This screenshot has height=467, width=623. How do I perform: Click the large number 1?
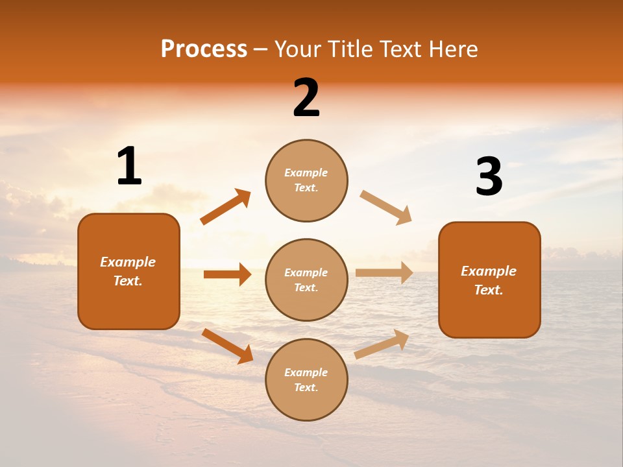pos(129,167)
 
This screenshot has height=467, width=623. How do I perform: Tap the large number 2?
pos(306,98)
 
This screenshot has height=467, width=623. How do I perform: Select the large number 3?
pos(489,177)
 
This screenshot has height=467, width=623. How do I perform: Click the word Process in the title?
pos(204,49)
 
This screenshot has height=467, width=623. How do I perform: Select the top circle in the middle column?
pos(306,180)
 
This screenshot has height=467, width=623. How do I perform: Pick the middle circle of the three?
pos(306,280)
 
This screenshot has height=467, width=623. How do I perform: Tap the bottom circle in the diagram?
pos(306,379)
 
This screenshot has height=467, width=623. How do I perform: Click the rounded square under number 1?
pos(128,271)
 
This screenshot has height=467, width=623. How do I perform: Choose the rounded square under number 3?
pos(489,280)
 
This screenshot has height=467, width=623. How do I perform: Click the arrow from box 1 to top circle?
pos(226,207)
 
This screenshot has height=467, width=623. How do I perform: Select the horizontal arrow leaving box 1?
pos(227,274)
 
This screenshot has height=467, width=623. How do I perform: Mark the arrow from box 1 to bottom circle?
pos(227,346)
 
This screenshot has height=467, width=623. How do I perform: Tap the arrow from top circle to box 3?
pos(386,208)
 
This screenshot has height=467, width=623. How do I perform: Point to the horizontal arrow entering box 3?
pos(384,272)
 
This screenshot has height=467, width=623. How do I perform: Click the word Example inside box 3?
pos(489,271)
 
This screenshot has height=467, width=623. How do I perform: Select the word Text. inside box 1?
pos(128,281)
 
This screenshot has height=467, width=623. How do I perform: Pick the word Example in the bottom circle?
pos(306,372)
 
